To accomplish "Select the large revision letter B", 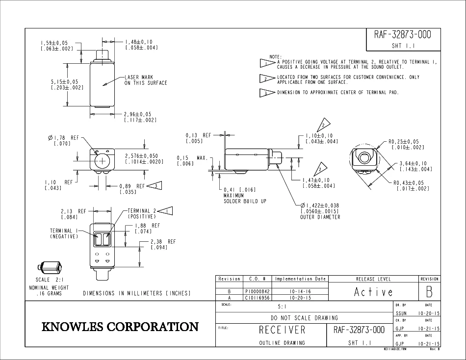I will (429, 292).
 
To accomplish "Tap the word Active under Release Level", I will (373, 292).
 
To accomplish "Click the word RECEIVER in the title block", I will (282, 330).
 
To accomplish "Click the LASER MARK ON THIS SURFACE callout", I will (145, 80).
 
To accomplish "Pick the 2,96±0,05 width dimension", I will (140, 117).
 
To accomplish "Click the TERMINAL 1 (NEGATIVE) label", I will (64, 233).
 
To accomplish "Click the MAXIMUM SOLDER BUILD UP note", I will (245, 196).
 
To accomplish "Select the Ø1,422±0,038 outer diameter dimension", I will (320, 211).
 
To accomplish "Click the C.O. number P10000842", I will (257, 291).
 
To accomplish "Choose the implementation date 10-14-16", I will (300, 291).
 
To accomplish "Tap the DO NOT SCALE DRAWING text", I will (304, 317).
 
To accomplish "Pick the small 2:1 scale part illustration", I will (51, 268).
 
